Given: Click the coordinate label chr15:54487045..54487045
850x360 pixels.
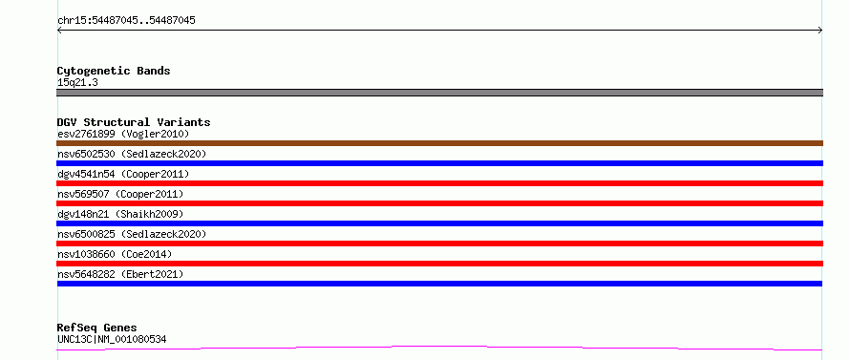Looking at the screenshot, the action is [x=126, y=21].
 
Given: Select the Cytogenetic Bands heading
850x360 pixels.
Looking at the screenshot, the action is [x=114, y=71].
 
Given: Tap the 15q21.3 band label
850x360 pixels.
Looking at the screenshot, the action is [x=77, y=83].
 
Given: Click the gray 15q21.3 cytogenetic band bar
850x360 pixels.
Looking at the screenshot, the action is [x=439, y=93].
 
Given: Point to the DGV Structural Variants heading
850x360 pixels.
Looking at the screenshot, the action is [x=134, y=122].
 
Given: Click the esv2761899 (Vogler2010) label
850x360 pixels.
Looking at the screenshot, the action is [x=123, y=134].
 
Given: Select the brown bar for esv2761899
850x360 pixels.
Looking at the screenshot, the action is [x=439, y=143].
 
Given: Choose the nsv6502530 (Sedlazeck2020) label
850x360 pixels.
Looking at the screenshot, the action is [x=132, y=154].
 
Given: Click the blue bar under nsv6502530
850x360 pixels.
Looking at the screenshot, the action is [x=439, y=163].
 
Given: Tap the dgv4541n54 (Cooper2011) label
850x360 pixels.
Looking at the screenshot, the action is [x=123, y=174].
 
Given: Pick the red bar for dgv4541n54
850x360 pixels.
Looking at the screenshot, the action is [x=439, y=183].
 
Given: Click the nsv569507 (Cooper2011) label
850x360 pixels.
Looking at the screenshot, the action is [x=120, y=194].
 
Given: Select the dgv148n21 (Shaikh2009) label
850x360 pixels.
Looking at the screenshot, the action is [x=120, y=214].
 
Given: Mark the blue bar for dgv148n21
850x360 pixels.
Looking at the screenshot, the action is [x=439, y=223].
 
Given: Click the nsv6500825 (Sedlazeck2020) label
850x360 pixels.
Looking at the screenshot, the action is [x=132, y=234].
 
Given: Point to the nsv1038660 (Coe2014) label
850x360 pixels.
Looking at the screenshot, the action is [x=115, y=254].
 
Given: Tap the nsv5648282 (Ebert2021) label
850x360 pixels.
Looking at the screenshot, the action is [x=120, y=274].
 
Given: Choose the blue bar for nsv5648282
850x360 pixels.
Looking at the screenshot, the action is [x=439, y=284].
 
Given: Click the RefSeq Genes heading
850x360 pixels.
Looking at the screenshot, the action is [x=97, y=328].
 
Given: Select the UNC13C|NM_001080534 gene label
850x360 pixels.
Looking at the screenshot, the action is [x=112, y=340].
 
